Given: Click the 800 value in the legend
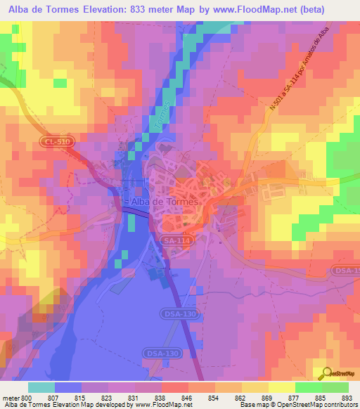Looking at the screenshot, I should click(26, 397).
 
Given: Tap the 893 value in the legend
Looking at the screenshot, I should click(345, 397).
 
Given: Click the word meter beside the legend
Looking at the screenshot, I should click(11, 397).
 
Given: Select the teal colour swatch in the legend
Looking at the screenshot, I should click(41, 387).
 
